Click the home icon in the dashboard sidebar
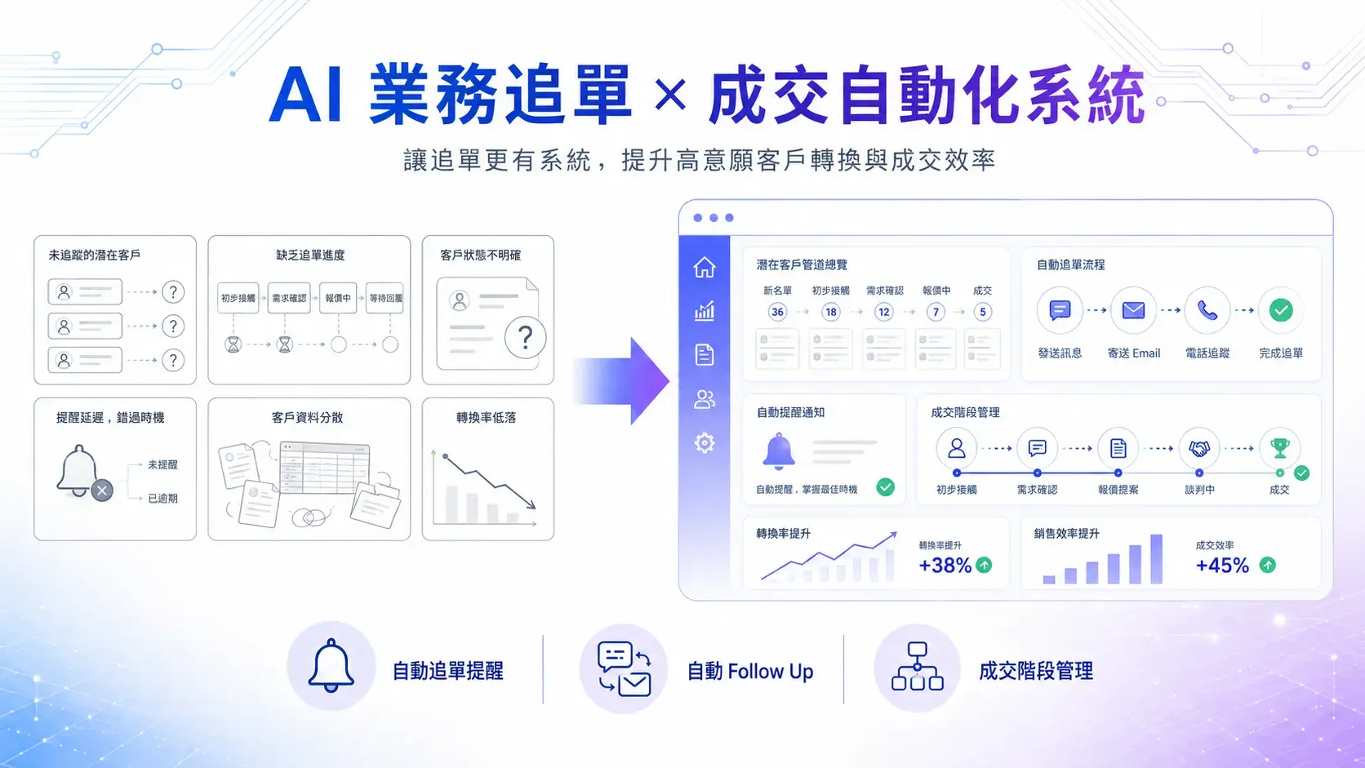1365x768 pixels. pos(705,268)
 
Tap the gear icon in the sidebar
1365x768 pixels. pos(705,443)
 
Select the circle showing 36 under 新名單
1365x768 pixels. pos(777,312)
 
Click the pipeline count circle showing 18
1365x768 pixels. pos(830,312)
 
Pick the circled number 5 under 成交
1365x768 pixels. pos(982,312)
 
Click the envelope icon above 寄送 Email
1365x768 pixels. pos(1133,311)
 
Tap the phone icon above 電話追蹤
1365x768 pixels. pos(1207,311)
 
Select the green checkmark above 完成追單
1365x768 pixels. pos(1281,311)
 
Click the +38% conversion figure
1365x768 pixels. pos(945,566)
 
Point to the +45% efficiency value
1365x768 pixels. pos(1222,566)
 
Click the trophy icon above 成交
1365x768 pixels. pos(1280,448)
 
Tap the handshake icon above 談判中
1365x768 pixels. pos(1199,449)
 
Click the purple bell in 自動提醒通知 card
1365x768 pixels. pos(779,451)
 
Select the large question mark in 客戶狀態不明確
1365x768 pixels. pos(525,337)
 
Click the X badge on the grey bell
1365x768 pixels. pos(102,491)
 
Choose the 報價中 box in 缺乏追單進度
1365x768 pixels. pos(338,298)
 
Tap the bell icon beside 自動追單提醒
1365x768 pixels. pos(331,666)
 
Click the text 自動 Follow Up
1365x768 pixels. pos(750,671)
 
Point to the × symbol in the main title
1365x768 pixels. pos(670,95)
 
